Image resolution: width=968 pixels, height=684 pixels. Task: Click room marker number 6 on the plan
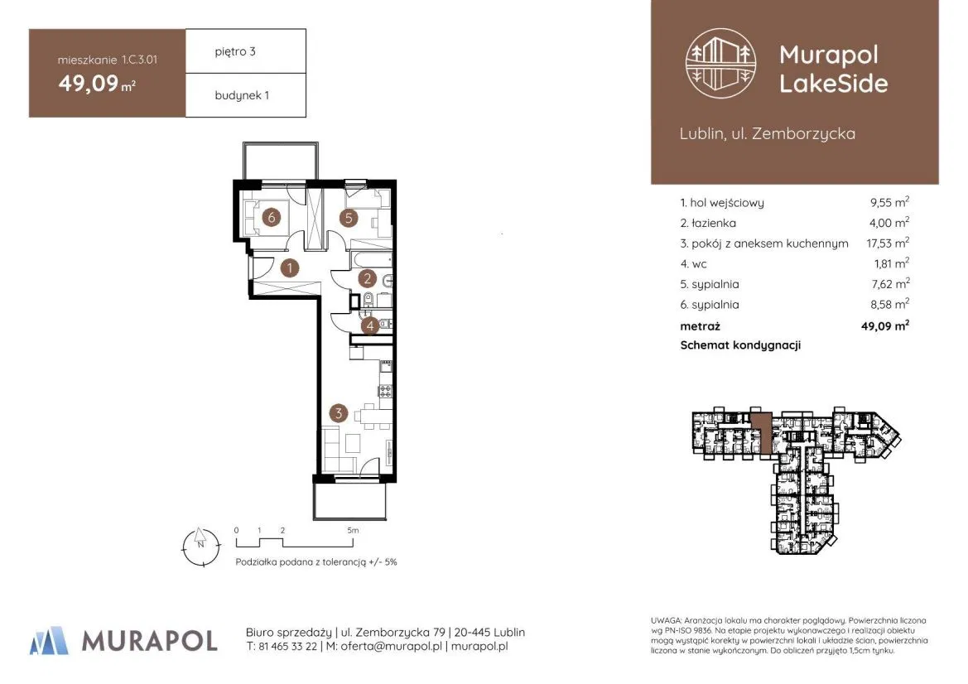(x=271, y=217)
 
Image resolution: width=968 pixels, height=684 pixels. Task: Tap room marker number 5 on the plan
(x=349, y=217)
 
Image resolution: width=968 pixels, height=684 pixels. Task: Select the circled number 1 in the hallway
(x=290, y=268)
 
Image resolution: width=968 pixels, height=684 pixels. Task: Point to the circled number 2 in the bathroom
(x=368, y=278)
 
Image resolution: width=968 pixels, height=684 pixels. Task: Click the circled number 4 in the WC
(x=370, y=325)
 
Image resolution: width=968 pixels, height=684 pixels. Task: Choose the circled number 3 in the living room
(x=339, y=413)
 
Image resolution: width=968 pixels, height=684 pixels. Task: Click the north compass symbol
(x=201, y=547)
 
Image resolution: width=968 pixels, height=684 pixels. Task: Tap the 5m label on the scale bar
(x=353, y=530)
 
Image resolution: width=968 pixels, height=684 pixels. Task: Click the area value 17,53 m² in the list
(x=888, y=243)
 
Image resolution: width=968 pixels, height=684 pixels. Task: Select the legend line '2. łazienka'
(x=708, y=223)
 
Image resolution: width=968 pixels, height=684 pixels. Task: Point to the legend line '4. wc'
(x=693, y=263)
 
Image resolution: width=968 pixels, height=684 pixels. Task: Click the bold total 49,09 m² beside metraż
(x=885, y=325)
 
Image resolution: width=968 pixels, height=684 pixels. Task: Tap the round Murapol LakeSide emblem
(x=721, y=63)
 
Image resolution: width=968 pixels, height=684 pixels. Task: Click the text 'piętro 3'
(x=235, y=52)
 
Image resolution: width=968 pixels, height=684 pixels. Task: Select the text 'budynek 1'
(x=242, y=95)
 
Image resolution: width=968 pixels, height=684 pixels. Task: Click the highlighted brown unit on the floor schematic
(x=762, y=433)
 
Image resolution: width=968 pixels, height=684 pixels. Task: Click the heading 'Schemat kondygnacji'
(x=740, y=345)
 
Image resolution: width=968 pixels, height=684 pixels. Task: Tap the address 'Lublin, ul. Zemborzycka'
(x=768, y=133)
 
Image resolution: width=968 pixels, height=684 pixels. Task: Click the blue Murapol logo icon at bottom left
(x=49, y=640)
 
